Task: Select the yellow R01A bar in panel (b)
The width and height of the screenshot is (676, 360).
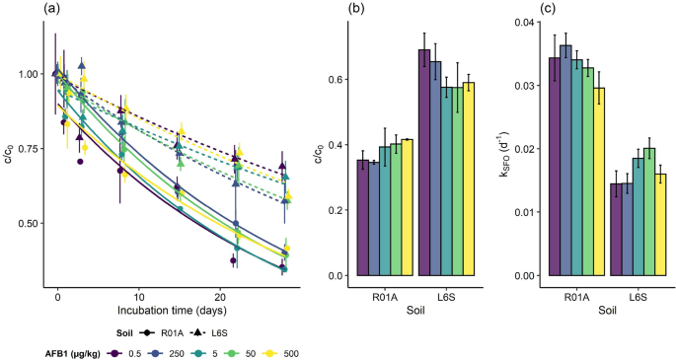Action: (x=407, y=207)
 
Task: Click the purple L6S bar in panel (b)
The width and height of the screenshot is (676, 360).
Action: (x=424, y=162)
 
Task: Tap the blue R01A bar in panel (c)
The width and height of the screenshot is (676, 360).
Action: (x=565, y=160)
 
